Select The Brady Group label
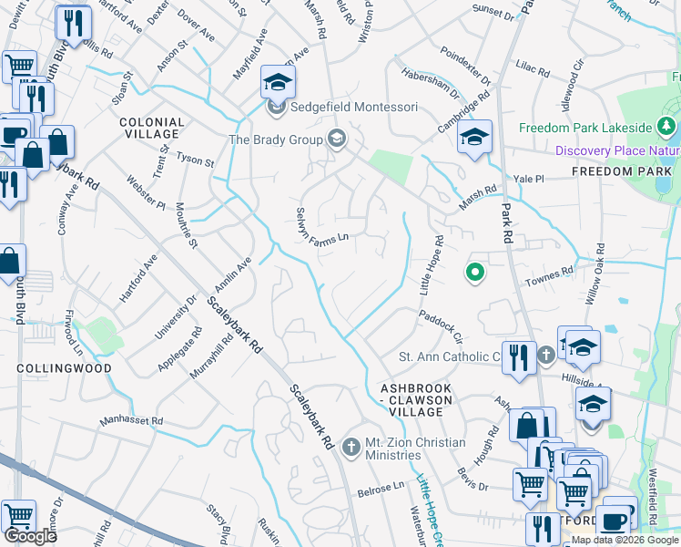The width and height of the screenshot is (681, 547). click(276, 139)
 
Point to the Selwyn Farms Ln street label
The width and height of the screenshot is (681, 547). click(323, 228)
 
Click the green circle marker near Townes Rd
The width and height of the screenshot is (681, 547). click(473, 271)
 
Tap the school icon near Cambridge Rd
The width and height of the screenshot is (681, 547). click(474, 139)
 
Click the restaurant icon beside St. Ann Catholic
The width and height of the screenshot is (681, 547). click(518, 358)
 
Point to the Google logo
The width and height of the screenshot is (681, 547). click(31, 536)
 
